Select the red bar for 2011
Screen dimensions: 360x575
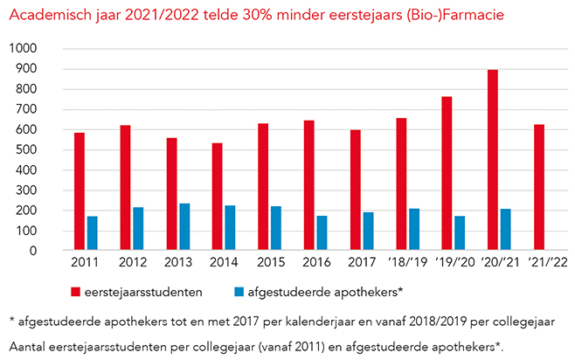pyautogui.click(x=80, y=191)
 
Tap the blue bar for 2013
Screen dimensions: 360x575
pyautogui.click(x=184, y=227)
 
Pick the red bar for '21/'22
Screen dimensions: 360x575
pyautogui.click(x=539, y=187)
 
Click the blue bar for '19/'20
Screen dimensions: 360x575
pyautogui.click(x=460, y=233)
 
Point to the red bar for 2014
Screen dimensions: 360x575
pyautogui.click(x=218, y=197)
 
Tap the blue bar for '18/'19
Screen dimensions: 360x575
pyautogui.click(x=413, y=229)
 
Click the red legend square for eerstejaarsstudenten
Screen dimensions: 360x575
pyautogui.click(x=76, y=291)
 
